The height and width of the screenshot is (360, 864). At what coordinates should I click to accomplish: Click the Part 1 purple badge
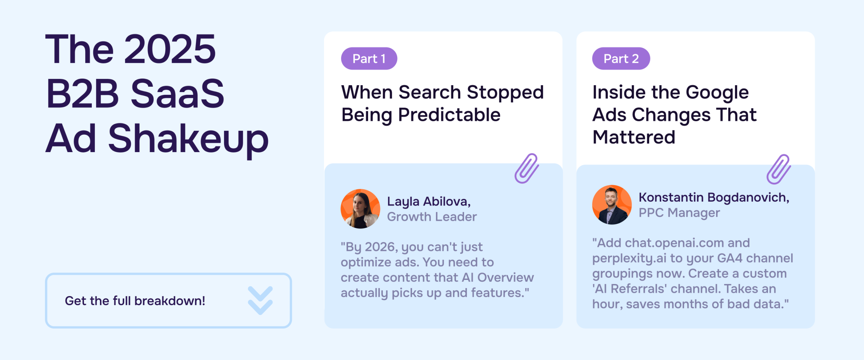coord(369,58)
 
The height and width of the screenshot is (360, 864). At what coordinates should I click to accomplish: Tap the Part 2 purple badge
coord(621,58)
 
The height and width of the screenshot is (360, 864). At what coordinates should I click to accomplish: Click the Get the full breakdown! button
coord(168,301)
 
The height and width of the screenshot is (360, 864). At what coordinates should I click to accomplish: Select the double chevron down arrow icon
coord(260,300)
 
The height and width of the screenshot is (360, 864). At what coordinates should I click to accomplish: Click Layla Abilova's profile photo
coord(360,209)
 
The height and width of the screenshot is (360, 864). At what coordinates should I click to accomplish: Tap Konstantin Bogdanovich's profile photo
coord(612,205)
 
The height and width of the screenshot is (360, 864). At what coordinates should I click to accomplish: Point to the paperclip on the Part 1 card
coord(526,168)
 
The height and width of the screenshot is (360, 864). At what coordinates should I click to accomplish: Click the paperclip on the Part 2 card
coord(778,169)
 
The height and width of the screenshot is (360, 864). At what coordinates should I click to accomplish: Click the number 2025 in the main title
coord(170,49)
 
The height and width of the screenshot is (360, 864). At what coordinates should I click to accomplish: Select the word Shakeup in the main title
coord(188,139)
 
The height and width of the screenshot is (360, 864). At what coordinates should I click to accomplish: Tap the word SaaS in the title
coord(178,94)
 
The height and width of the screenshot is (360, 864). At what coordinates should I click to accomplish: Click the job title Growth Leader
coord(432,217)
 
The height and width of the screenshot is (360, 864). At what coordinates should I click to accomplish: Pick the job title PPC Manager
coord(679,213)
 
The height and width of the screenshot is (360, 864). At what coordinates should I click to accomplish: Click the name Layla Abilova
coord(429,201)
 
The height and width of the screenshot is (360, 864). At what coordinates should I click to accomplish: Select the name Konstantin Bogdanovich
coord(714,197)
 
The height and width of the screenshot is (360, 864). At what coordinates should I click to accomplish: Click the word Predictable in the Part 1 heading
coord(449,115)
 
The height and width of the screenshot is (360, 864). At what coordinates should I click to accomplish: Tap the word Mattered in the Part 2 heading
coord(634,137)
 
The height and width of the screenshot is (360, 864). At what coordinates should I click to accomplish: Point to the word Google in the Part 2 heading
coord(717,93)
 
